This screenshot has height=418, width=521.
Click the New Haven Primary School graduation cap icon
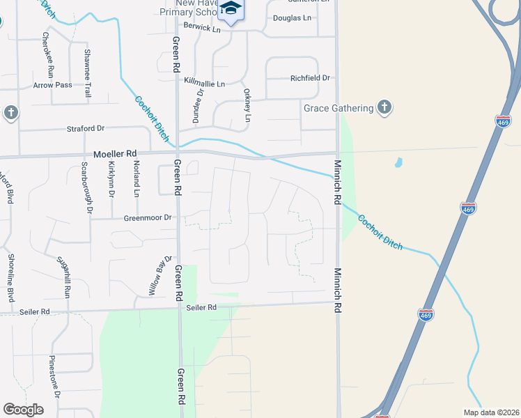(231, 9)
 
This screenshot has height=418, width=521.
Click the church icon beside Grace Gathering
(384, 107)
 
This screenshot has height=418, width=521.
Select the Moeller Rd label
(116, 153)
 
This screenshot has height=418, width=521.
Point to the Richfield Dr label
(310, 78)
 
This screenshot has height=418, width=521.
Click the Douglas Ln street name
(291, 17)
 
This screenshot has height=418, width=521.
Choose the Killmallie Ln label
(205, 83)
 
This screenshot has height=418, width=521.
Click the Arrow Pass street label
(52, 85)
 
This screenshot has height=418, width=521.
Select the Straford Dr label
(85, 128)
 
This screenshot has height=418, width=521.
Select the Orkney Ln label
(246, 105)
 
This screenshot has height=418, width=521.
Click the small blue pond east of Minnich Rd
(398, 163)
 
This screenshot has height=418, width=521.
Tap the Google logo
(23, 410)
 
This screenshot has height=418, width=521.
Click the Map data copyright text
(491, 412)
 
